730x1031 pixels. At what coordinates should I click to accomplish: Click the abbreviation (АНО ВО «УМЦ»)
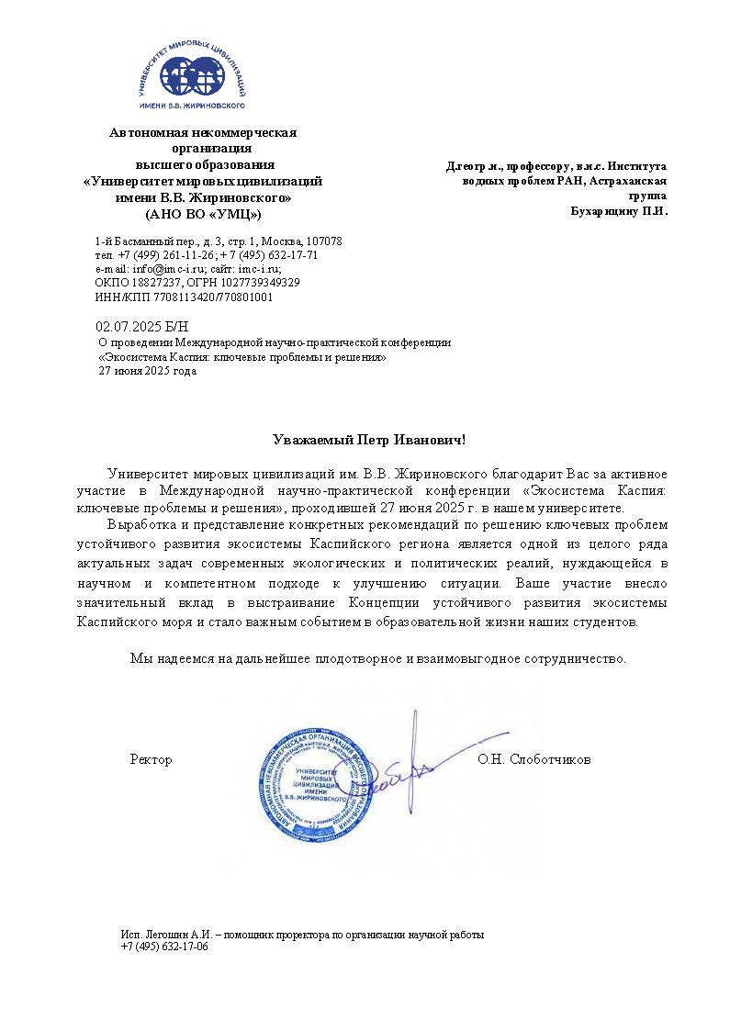[x=203, y=214]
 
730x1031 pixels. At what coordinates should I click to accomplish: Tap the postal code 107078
[x=324, y=241]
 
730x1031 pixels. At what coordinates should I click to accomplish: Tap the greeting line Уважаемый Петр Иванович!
[x=371, y=441]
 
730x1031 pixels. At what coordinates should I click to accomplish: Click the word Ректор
[x=151, y=760]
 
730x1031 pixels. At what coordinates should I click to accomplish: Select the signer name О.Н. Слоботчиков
[x=533, y=760]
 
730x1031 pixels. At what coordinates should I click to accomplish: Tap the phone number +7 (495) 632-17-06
[x=164, y=947]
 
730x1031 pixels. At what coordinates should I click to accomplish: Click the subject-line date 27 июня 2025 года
[x=147, y=372]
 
